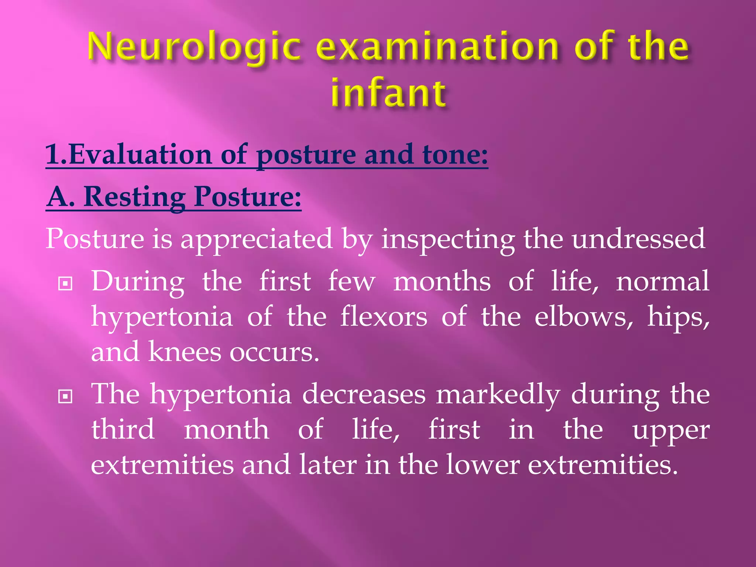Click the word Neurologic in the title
pyautogui.click(x=194, y=47)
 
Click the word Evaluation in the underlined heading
pyautogui.click(x=140, y=154)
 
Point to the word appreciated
pyautogui.click(x=256, y=239)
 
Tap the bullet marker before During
pyautogui.click(x=65, y=284)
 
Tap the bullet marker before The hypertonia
pyautogui.click(x=65, y=397)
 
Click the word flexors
pyautogui.click(x=384, y=317)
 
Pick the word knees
pyautogui.click(x=185, y=352)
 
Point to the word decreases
pyautogui.click(x=364, y=394)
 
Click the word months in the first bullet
pyautogui.click(x=442, y=282)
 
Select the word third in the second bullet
pyautogui.click(x=123, y=429)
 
